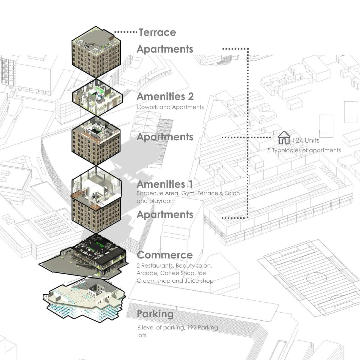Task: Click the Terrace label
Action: pyautogui.click(x=157, y=32)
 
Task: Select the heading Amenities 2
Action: pyautogui.click(x=165, y=97)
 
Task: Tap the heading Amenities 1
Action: pyautogui.click(x=164, y=184)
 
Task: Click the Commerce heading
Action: pyautogui.click(x=164, y=255)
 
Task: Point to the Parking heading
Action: pyautogui.click(x=155, y=314)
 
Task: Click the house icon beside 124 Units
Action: pyautogui.click(x=284, y=138)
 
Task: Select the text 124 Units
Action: pyautogui.click(x=306, y=140)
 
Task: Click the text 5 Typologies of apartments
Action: pyautogui.click(x=304, y=150)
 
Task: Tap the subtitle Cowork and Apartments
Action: pyautogui.click(x=170, y=107)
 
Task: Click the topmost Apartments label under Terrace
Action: pyautogui.click(x=165, y=49)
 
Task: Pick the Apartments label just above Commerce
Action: pyautogui.click(x=165, y=215)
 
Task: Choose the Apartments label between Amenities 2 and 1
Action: pyautogui.click(x=165, y=137)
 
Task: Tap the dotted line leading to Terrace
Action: pyautogui.click(x=125, y=32)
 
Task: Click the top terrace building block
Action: pyautogui.click(x=96, y=52)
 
